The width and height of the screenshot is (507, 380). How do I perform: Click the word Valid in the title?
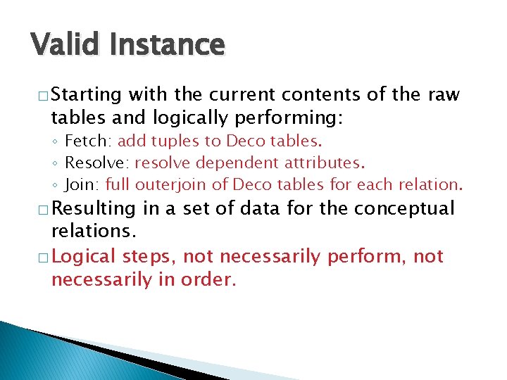point(64,44)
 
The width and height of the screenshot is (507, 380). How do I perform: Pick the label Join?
point(82,185)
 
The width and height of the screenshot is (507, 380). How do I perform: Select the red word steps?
point(149,257)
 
